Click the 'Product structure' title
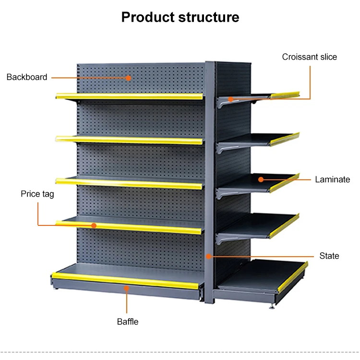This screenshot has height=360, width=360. [180, 17]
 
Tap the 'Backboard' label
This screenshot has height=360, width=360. [27, 77]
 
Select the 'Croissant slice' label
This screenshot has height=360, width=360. [309, 57]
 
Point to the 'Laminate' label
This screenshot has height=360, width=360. [332, 180]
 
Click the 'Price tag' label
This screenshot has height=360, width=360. [37, 194]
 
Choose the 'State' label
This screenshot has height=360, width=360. [329, 256]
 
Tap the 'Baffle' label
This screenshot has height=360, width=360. [128, 322]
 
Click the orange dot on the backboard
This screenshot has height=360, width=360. [129, 77]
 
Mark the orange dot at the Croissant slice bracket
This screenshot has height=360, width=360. [231, 99]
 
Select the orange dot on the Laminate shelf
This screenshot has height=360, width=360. [261, 180]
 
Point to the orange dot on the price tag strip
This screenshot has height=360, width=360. [94, 225]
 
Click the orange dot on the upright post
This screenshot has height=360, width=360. [209, 256]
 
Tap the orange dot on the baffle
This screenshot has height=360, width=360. [127, 288]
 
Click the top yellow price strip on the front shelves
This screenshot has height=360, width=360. [130, 97]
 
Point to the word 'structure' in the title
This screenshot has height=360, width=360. [209, 17]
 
